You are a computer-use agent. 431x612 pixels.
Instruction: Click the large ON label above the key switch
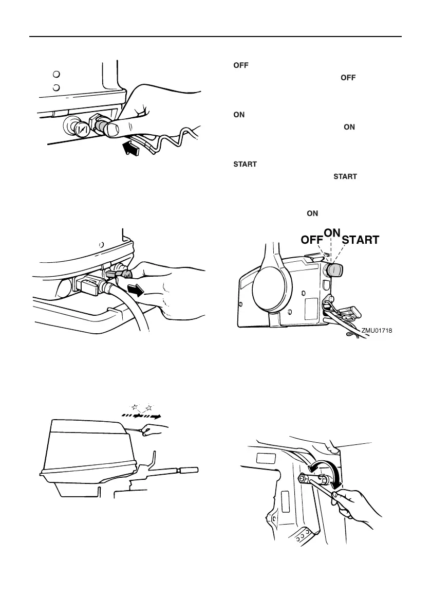[x=333, y=232]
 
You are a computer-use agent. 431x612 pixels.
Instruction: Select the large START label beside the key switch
[x=361, y=240]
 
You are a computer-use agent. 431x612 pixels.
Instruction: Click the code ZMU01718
[x=377, y=331]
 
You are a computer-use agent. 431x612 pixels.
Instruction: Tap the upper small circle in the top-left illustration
[x=58, y=74]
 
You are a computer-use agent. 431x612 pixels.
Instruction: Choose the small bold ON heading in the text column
[x=239, y=115]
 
